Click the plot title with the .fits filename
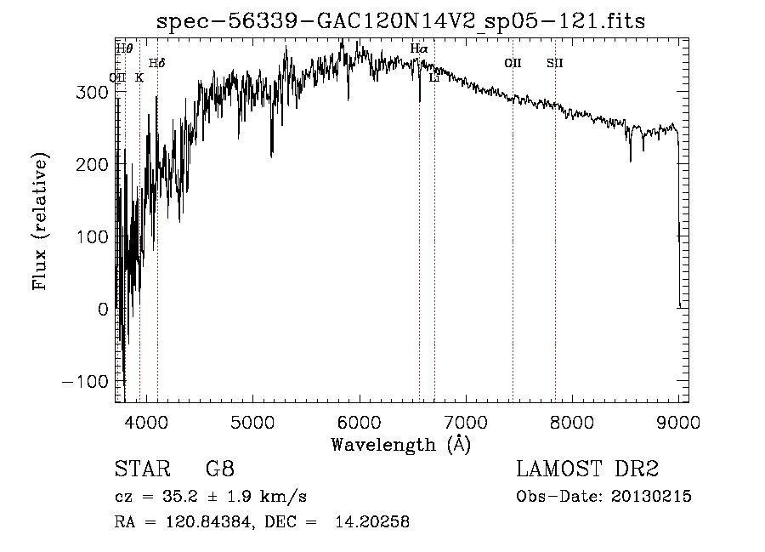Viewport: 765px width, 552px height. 400,21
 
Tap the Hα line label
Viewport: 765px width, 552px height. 419,49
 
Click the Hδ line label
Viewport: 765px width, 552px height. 157,63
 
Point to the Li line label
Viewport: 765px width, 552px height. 434,78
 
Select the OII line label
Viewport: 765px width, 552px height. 513,63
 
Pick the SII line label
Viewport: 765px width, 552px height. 555,63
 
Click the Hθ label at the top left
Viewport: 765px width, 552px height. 124,48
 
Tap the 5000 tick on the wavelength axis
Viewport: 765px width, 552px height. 252,422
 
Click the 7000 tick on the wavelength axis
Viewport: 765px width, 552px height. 465,422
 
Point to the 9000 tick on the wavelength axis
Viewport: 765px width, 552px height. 678,422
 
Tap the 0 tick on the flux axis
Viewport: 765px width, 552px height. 103,309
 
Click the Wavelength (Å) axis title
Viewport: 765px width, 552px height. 400,444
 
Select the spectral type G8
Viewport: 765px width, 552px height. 219,469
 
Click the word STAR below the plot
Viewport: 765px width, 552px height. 142,469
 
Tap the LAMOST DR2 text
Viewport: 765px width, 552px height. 587,469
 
